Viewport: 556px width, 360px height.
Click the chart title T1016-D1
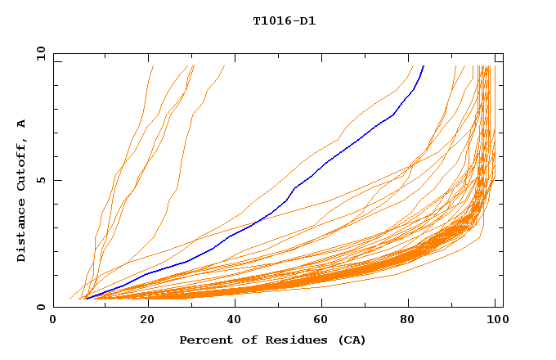pyautogui.click(x=284, y=20)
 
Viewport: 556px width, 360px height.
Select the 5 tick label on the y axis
pyautogui.click(x=42, y=180)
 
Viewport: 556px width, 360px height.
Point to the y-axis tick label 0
pyautogui.click(x=42, y=308)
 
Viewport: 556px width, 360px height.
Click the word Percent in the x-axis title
pyautogui.click(x=203, y=340)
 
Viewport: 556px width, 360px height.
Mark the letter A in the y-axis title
pyautogui.click(x=21, y=124)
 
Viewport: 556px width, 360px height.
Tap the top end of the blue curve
pyautogui.click(x=424, y=66)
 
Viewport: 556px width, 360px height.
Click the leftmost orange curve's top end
pyautogui.click(x=153, y=66)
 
